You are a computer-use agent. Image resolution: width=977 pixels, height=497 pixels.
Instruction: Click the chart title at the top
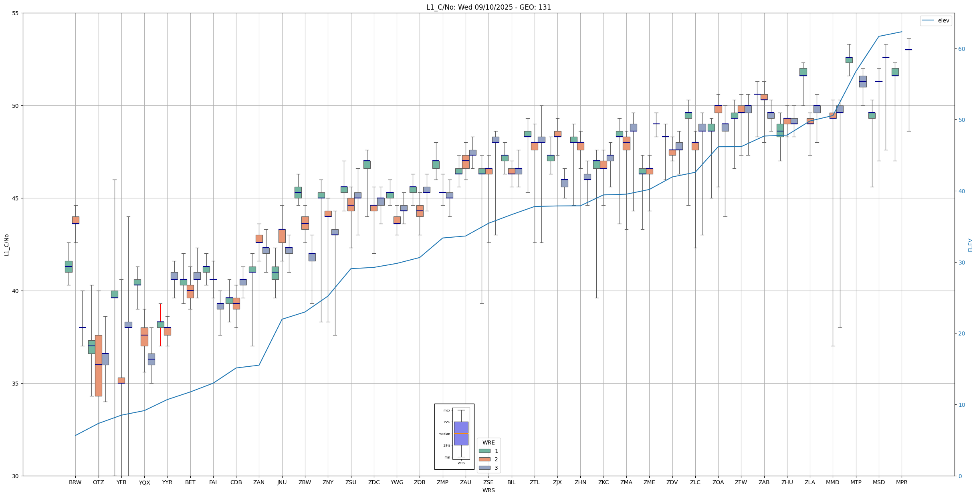pyautogui.click(x=488, y=7)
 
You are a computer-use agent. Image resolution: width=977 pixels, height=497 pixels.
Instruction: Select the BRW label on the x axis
pyautogui.click(x=75, y=482)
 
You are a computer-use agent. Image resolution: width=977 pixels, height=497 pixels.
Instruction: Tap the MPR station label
pyautogui.click(x=902, y=482)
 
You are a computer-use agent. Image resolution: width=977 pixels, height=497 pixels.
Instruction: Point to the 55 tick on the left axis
pyautogui.click(x=16, y=13)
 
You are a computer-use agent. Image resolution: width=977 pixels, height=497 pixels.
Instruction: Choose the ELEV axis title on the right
pyautogui.click(x=970, y=245)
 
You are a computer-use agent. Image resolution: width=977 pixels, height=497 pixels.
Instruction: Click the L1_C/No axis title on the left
pyautogui.click(x=6, y=245)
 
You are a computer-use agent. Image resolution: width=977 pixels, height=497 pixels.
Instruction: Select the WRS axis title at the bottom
pyautogui.click(x=488, y=490)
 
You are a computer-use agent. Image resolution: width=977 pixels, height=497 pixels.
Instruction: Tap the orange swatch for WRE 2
pyautogui.click(x=484, y=459)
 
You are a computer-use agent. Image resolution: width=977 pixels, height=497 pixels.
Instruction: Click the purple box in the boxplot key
pyautogui.click(x=461, y=433)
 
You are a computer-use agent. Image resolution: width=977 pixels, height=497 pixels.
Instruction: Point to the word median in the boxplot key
pyautogui.click(x=444, y=434)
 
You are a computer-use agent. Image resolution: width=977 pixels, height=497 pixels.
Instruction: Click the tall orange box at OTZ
pyautogui.click(x=99, y=366)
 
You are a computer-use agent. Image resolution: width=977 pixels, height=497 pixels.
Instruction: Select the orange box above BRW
pyautogui.click(x=76, y=220)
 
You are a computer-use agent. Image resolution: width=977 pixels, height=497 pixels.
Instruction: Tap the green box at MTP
pyautogui.click(x=849, y=60)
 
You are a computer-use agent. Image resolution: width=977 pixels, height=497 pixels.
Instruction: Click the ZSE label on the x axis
pyautogui.click(x=488, y=482)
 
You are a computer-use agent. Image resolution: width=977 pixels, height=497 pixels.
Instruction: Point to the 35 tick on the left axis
pyautogui.click(x=16, y=383)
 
